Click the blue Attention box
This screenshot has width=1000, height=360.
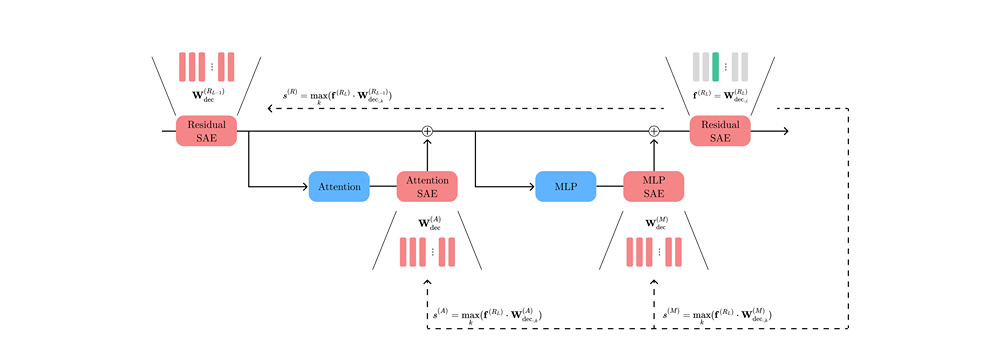(339, 186)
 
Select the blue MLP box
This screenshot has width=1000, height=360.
(566, 186)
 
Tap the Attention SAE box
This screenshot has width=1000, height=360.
(427, 186)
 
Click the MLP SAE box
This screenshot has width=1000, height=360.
(654, 186)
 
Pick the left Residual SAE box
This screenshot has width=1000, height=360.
(206, 131)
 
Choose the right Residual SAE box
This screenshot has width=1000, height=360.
(720, 131)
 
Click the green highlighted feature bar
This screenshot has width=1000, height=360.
(716, 66)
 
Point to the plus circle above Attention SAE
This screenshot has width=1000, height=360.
(427, 131)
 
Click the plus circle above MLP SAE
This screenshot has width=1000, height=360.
(654, 131)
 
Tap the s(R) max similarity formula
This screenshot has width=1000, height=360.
(338, 97)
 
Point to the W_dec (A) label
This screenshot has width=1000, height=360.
(427, 223)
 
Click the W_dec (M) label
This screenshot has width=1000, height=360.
(654, 223)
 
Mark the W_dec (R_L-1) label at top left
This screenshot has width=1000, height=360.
(209, 97)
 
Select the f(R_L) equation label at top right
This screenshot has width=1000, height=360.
(722, 97)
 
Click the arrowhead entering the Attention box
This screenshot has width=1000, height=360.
(304, 186)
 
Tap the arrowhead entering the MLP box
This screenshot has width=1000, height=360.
(531, 186)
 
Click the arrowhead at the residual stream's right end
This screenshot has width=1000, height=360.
(785, 131)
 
